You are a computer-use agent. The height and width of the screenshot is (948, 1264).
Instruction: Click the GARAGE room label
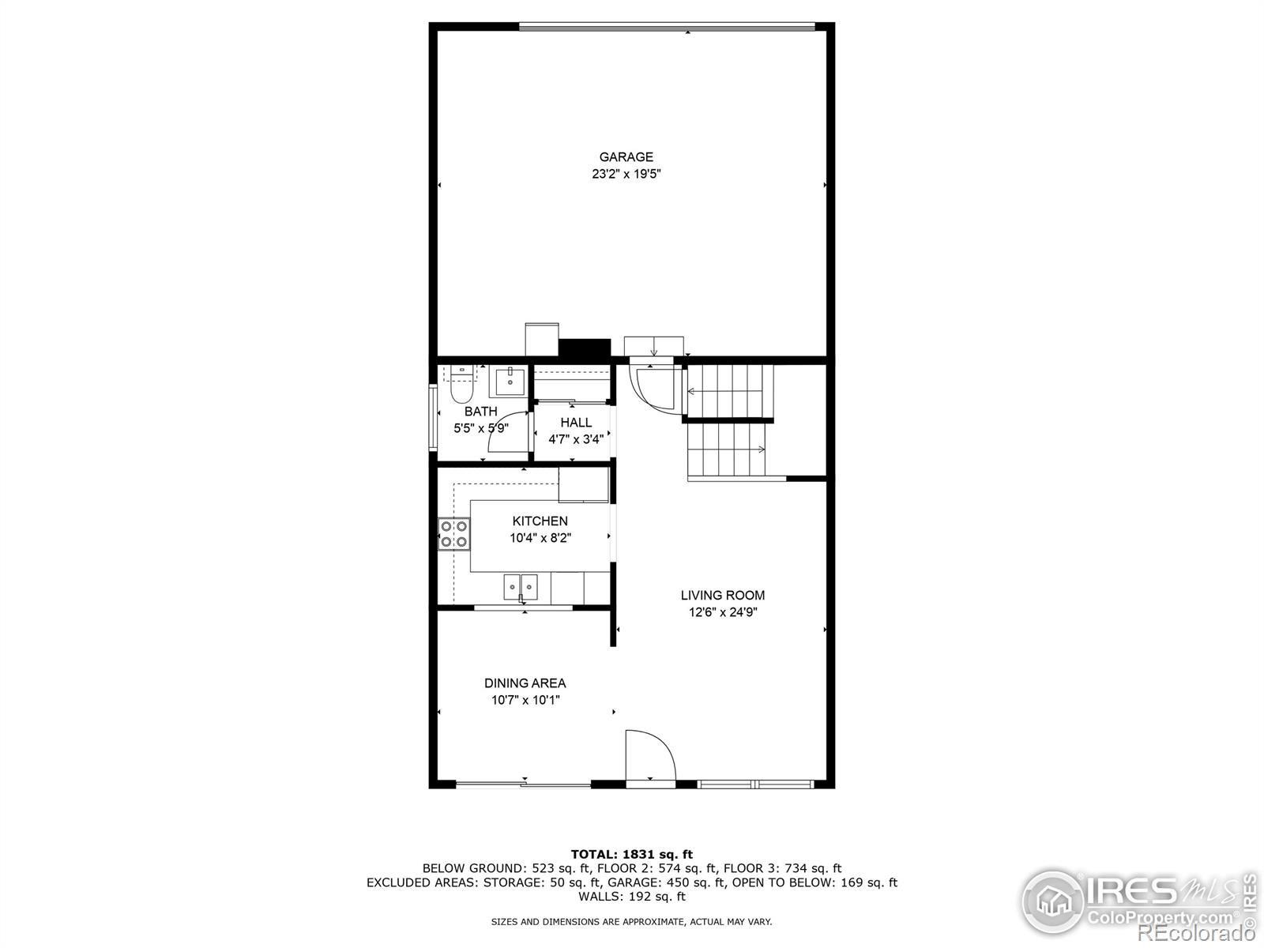626,157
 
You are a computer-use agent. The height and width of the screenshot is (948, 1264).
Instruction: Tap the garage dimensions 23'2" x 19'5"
626,174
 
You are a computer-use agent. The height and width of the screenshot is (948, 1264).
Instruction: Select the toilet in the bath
459,386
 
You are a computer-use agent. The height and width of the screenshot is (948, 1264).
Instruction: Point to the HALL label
576,423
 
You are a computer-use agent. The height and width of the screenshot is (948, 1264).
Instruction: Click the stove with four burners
453,533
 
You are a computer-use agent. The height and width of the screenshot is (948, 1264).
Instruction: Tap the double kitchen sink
521,586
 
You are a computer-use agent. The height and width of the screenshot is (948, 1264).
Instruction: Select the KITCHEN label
540,521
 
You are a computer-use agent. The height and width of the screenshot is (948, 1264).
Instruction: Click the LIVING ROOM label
722,596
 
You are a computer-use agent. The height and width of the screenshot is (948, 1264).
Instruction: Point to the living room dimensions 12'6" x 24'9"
722,612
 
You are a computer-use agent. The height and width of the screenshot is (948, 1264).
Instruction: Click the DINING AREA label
525,683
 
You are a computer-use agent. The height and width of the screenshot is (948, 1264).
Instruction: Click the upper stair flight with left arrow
728,391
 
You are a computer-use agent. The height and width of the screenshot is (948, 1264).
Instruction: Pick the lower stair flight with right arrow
727,450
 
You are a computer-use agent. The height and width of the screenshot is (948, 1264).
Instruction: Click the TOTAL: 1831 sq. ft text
631,854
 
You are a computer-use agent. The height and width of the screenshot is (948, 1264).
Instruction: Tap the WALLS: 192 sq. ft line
631,897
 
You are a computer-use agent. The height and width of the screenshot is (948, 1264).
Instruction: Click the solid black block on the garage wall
585,348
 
